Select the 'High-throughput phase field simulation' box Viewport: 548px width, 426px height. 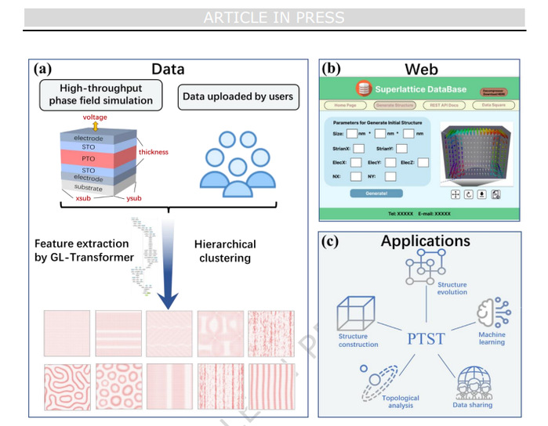pos(102,96)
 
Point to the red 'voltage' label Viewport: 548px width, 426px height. pos(96,117)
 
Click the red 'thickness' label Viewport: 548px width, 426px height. pos(154,152)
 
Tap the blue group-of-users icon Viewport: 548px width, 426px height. pos(235,163)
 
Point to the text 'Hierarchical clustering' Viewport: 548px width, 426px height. pos(226,251)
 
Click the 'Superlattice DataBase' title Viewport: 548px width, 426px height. pos(419,89)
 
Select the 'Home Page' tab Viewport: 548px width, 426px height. pos(346,105)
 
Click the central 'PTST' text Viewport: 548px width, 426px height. pos(426,338)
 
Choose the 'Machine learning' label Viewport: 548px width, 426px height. pos(492,338)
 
